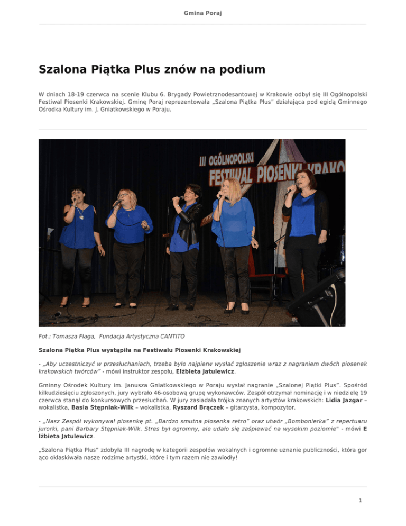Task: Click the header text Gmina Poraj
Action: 203,12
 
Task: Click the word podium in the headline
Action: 238,70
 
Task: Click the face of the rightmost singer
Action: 308,182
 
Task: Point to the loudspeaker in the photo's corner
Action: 323,298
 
